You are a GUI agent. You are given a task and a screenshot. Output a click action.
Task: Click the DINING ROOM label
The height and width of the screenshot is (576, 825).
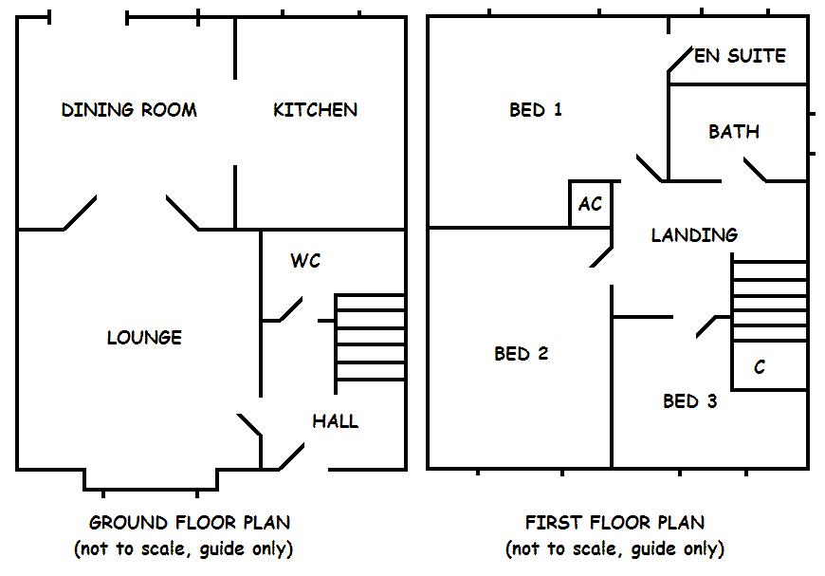[129, 110]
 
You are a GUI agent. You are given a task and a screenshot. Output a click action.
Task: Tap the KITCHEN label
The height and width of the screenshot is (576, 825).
[315, 110]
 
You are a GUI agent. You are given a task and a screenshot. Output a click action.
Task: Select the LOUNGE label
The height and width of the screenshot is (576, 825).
[144, 338]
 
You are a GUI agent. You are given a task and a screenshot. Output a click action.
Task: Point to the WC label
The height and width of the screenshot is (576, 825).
[305, 261]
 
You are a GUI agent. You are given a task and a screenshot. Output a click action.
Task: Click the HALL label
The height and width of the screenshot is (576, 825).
[336, 421]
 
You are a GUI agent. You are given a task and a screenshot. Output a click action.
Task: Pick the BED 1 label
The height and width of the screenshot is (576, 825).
[536, 110]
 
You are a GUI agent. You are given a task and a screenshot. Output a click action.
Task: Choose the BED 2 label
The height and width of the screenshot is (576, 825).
[522, 354]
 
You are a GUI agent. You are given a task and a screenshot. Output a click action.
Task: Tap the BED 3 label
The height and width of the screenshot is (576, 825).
[689, 401]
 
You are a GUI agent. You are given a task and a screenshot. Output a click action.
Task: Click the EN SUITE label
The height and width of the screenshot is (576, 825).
[740, 56]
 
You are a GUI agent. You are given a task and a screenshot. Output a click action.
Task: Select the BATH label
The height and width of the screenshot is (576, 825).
[734, 132]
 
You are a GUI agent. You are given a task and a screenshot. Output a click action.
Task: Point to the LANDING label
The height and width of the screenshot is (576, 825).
[694, 235]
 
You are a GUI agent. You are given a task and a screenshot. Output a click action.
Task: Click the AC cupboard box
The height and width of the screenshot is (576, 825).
[590, 204]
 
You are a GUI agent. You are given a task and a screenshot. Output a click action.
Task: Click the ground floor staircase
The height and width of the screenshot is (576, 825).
[370, 338]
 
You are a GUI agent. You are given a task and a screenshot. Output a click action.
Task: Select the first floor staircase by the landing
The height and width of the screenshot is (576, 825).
[769, 301]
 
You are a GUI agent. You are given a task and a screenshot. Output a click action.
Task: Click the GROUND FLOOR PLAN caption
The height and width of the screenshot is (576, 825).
[190, 523]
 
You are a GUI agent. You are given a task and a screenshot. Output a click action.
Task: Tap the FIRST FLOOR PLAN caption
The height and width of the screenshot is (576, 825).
[614, 523]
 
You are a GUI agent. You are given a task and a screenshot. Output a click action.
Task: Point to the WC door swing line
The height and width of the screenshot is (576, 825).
[290, 309]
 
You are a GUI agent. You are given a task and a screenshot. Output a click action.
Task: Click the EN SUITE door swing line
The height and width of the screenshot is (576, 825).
[679, 60]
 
